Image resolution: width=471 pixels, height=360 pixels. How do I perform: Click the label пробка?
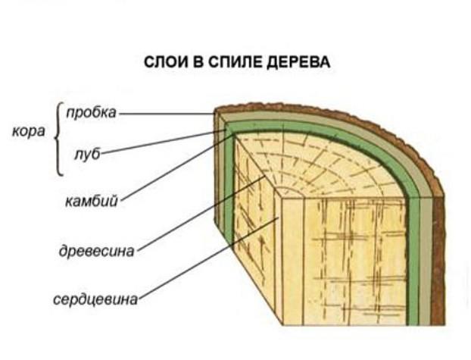[x=91, y=113]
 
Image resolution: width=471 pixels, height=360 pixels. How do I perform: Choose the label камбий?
[x=90, y=202]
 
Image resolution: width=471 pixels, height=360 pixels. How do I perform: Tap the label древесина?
[x=97, y=252]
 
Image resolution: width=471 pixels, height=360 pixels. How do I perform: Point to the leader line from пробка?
[x=167, y=114]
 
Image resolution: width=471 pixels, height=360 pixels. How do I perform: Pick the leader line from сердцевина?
[x=204, y=258]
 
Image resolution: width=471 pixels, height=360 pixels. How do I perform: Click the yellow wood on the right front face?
[x=356, y=258]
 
